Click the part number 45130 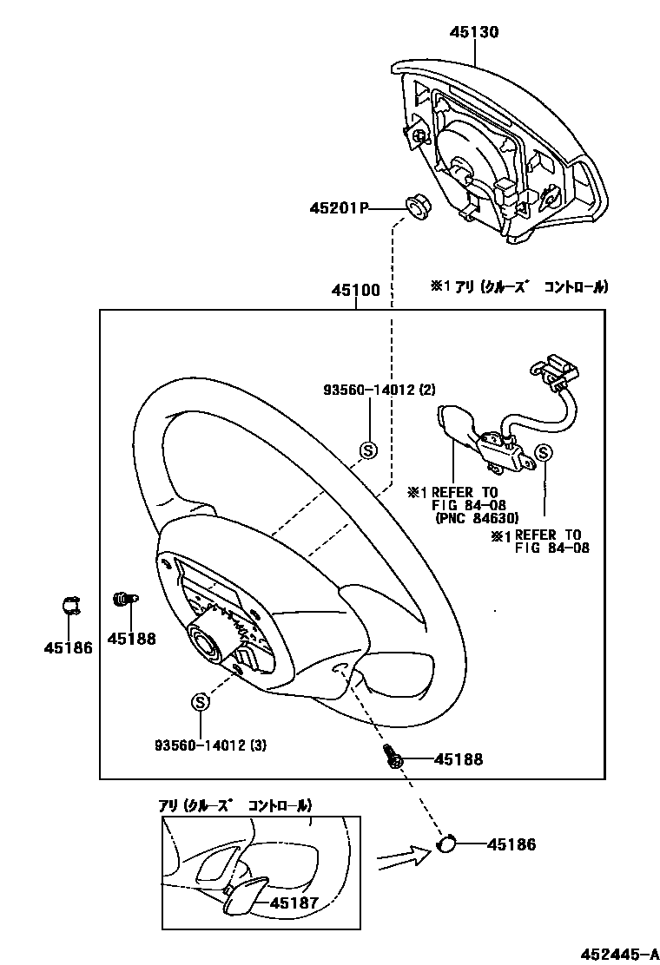tap(474, 33)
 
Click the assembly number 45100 tap(354, 292)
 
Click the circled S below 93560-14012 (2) tap(368, 450)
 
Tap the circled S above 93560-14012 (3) tap(200, 701)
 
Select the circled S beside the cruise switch tap(544, 452)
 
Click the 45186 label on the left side tap(69, 647)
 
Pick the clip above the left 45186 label tap(70, 605)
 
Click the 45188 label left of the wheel tap(131, 639)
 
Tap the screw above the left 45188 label tap(122, 598)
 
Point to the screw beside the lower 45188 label tap(393, 758)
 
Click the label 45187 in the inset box tap(294, 903)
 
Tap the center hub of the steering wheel tap(207, 644)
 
